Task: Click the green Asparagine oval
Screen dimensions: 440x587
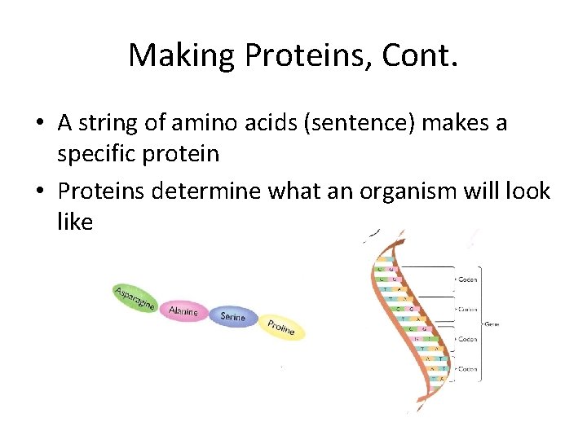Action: click(135, 298)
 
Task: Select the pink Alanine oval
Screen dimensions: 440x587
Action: click(183, 310)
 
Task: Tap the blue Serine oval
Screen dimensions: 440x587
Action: click(233, 317)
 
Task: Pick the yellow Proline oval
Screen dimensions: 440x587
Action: click(281, 327)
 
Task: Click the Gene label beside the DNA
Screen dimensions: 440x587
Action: click(492, 323)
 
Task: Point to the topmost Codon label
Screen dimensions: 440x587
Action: click(467, 279)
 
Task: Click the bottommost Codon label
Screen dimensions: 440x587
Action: click(467, 368)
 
